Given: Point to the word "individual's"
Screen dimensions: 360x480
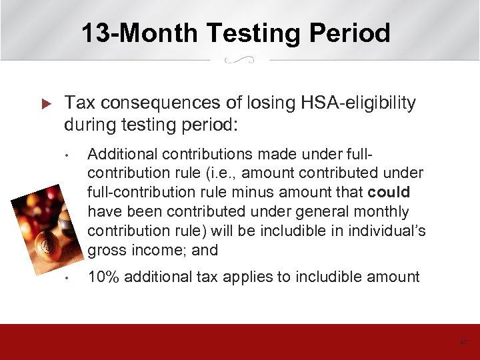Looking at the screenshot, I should pos(387,231).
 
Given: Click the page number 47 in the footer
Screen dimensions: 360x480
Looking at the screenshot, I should pos(463,343).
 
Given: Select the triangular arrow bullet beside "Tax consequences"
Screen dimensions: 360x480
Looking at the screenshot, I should pos(46,104).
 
